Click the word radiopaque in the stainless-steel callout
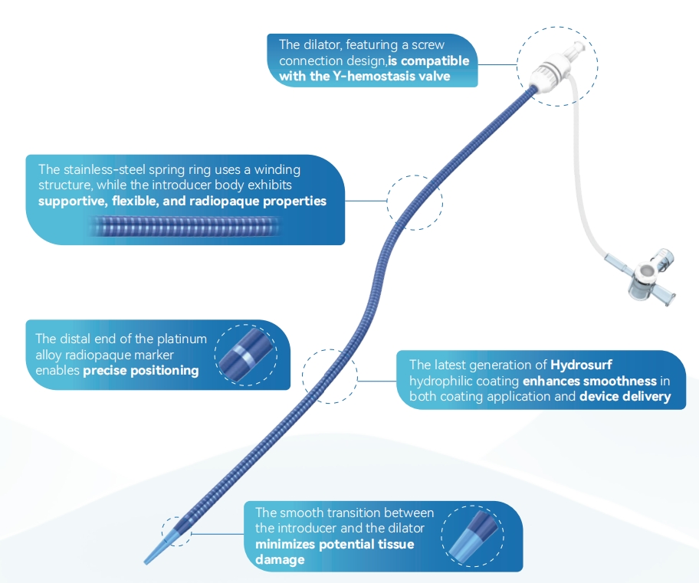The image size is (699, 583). click(x=231, y=201)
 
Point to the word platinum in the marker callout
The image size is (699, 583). click(x=181, y=339)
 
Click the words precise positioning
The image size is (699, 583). click(x=141, y=370)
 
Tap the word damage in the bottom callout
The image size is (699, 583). click(x=280, y=560)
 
